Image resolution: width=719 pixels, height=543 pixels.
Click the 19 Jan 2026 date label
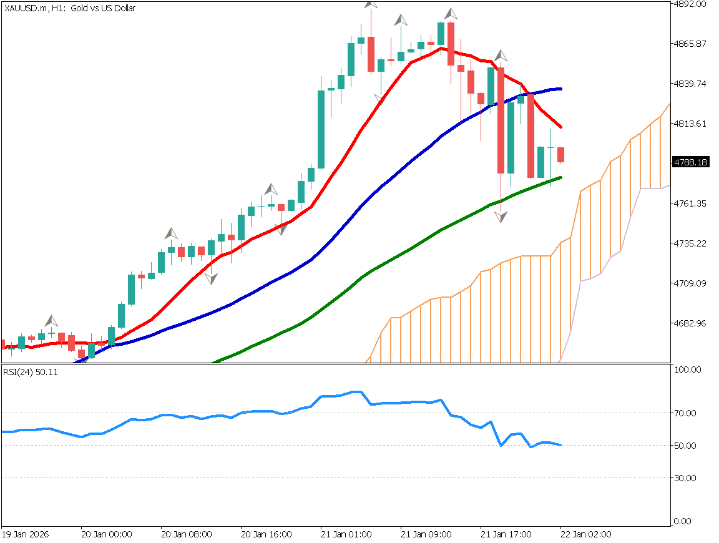point(25,535)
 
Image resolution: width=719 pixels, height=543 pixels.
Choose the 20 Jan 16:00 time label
point(267,535)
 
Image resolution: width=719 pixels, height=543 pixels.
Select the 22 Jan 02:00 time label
point(586,535)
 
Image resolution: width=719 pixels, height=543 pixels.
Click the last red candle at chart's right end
point(560,155)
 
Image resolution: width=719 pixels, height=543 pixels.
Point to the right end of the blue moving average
point(561,89)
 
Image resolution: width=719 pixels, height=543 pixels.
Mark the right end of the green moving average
point(561,177)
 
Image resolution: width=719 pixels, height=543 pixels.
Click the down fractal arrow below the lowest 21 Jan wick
point(501,217)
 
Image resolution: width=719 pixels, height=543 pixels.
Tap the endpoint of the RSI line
point(561,445)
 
